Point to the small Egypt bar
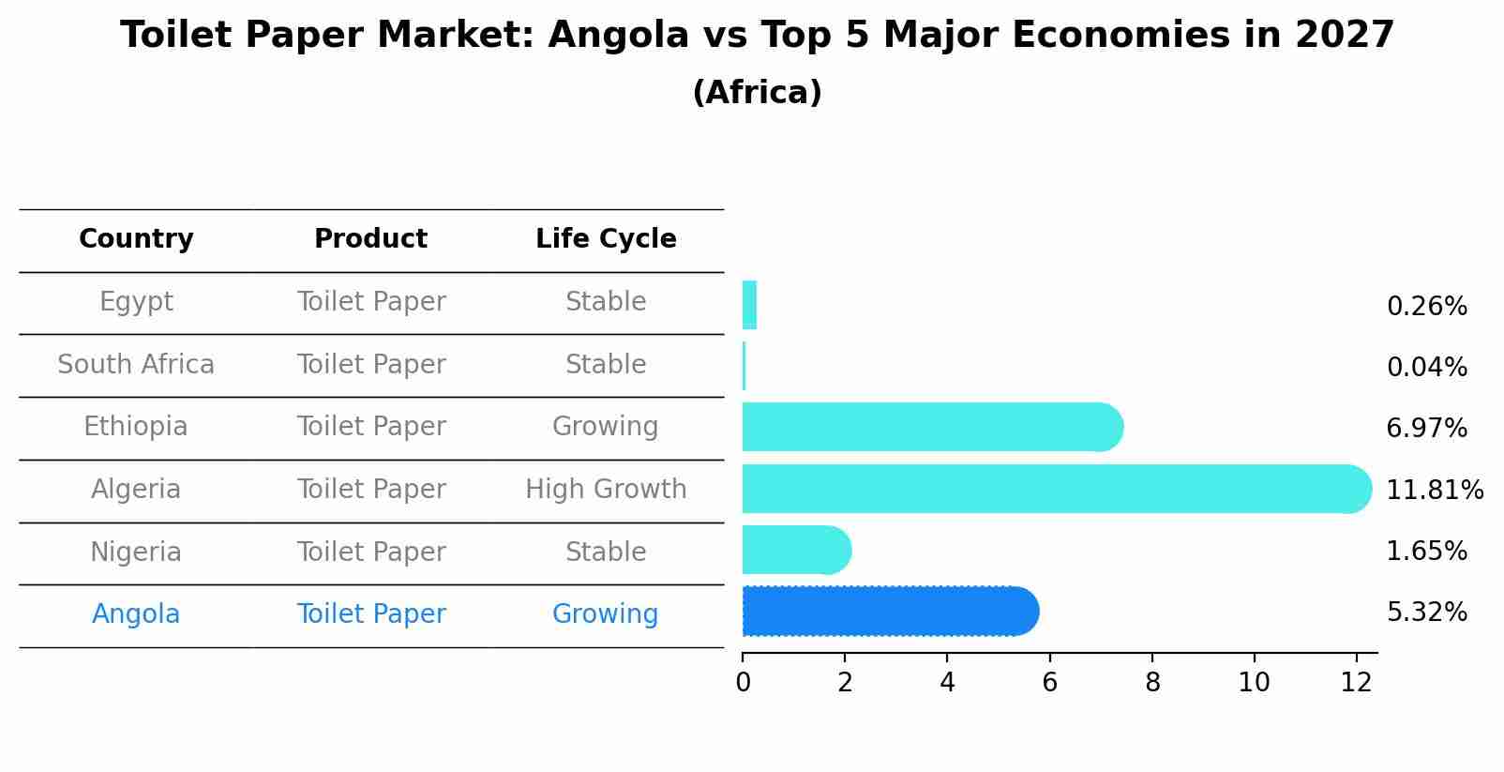(749, 305)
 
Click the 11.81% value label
(1434, 491)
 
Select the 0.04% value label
(1426, 368)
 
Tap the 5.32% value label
(1426, 613)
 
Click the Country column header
(136, 239)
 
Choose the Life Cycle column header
(606, 239)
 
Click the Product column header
(370, 239)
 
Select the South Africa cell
(136, 365)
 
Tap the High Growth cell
(606, 490)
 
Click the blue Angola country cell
(136, 614)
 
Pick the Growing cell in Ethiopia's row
(605, 427)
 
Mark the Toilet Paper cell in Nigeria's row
(371, 553)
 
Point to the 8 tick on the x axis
(1152, 682)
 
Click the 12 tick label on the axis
(1356, 682)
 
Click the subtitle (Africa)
(757, 93)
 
